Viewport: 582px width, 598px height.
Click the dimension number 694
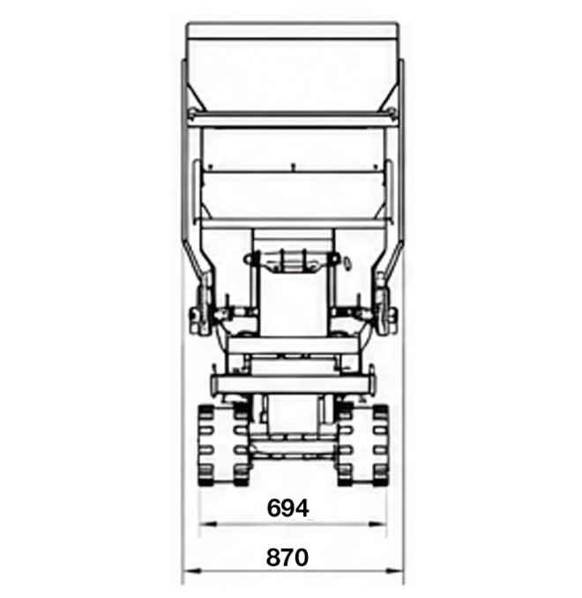click(287, 508)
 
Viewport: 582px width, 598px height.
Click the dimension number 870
click(287, 557)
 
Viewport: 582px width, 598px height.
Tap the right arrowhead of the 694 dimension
click(377, 524)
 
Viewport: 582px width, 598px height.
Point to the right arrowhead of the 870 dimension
click(394, 571)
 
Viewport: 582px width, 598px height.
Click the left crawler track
click(224, 445)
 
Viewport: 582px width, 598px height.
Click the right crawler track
click(362, 445)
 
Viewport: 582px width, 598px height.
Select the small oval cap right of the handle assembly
click(347, 262)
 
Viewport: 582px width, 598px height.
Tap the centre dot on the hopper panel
click(293, 167)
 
